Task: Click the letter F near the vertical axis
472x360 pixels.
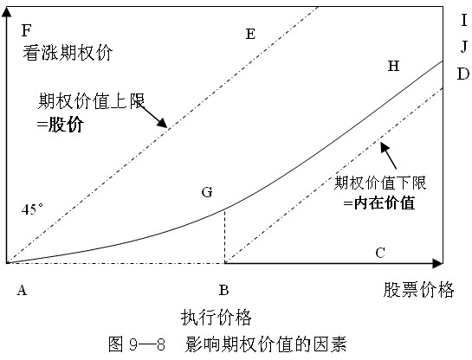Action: point(27,30)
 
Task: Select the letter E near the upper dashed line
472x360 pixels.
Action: point(250,34)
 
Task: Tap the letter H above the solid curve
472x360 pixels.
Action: point(393,66)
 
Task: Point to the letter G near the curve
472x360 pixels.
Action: point(207,192)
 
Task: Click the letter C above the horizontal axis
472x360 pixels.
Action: point(380,253)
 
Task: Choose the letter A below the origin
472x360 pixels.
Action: point(22,291)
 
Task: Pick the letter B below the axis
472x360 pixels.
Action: point(223,291)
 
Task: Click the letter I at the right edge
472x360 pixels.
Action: point(464,21)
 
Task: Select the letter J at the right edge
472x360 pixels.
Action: point(464,47)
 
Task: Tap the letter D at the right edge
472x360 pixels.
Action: point(463,74)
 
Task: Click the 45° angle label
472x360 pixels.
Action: point(32,209)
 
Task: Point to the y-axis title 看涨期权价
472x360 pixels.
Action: point(68,53)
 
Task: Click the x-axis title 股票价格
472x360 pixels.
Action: point(418,290)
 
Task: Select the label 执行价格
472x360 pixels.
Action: point(217,317)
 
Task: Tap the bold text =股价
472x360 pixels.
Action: point(61,125)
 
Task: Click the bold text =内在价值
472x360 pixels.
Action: point(379,203)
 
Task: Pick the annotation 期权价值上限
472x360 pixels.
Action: point(91,101)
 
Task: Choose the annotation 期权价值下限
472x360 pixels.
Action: point(380,183)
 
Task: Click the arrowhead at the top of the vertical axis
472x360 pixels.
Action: point(6,12)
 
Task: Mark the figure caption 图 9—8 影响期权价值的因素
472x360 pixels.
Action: point(228,344)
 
